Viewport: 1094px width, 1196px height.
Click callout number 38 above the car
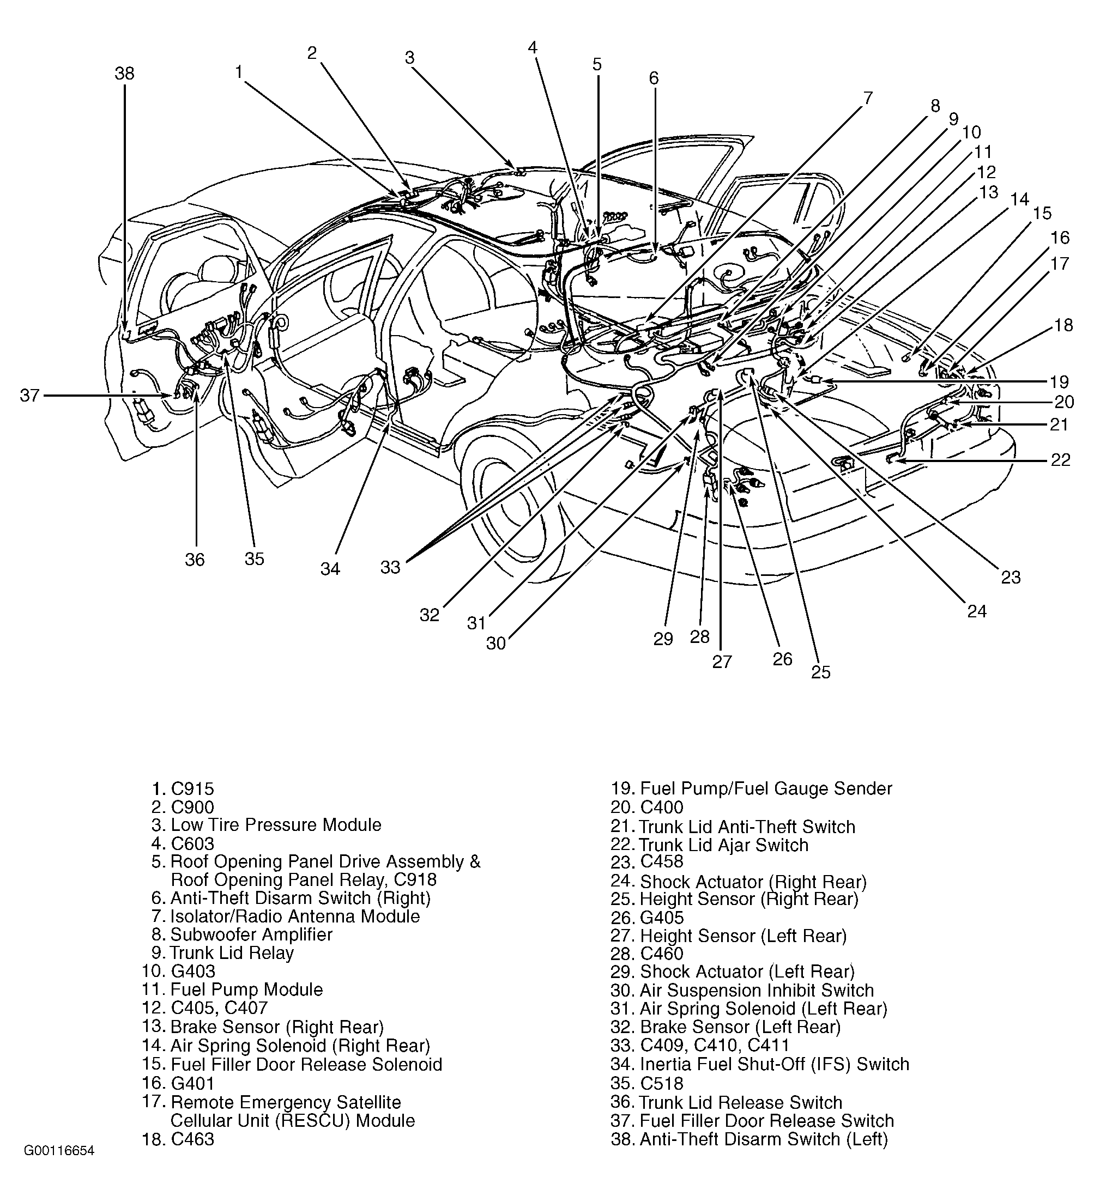tap(125, 74)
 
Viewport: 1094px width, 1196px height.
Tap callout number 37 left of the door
tap(29, 395)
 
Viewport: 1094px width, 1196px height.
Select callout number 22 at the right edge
tap(1060, 460)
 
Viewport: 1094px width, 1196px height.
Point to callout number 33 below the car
tap(391, 567)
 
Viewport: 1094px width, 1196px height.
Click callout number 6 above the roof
tap(654, 78)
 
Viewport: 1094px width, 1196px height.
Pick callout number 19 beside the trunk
tap(1060, 381)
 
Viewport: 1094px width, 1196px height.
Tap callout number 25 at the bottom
tap(820, 672)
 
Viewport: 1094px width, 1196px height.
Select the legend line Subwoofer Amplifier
tap(251, 934)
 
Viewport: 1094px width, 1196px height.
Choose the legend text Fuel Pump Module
tap(246, 989)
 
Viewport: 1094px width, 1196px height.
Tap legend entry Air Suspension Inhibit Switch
tap(757, 991)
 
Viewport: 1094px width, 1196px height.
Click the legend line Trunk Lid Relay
tap(232, 953)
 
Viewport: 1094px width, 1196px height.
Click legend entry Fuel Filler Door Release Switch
tap(766, 1121)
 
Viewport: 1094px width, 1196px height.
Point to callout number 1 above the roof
tap(239, 72)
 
